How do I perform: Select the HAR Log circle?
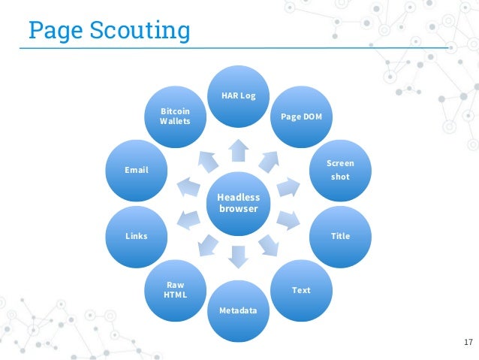click(239, 96)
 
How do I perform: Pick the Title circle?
click(340, 236)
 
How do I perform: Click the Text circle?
click(300, 289)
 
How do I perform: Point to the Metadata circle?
click(239, 309)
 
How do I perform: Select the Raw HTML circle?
click(176, 289)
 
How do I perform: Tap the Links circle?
click(137, 236)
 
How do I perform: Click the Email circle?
click(137, 171)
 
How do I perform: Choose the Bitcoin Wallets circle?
click(176, 116)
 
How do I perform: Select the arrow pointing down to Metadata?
click(239, 257)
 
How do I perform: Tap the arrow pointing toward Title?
click(288, 220)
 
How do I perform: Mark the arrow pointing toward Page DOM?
click(270, 159)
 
